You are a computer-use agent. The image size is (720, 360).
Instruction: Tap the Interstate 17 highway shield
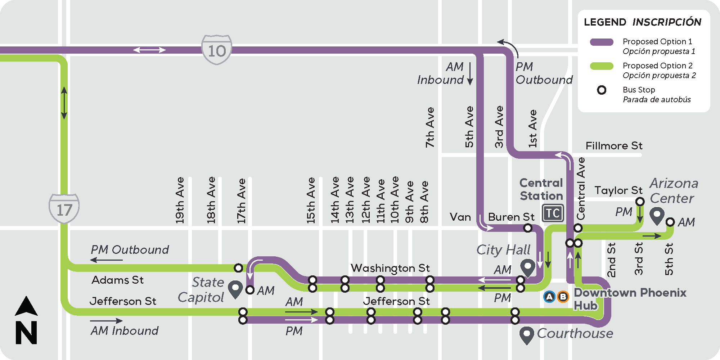(x=64, y=208)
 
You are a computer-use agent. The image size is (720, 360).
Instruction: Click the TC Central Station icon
(x=553, y=213)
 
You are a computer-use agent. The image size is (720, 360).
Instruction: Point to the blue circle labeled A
(x=549, y=297)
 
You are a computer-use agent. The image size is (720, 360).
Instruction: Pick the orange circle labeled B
(x=563, y=297)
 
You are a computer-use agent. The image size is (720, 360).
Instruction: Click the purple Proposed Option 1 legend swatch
(x=602, y=42)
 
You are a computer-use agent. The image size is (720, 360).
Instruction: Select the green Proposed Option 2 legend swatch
(x=602, y=66)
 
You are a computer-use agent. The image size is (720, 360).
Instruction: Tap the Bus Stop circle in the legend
(x=602, y=90)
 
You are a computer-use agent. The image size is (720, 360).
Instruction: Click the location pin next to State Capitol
(x=235, y=289)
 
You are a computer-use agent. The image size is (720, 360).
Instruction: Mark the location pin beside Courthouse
(x=526, y=335)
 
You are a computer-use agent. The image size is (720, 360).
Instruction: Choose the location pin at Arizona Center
(x=657, y=216)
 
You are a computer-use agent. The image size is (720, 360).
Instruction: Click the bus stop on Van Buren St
(x=528, y=228)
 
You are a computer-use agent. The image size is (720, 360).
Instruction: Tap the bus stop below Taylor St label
(x=640, y=202)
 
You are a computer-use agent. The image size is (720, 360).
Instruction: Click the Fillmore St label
(x=614, y=146)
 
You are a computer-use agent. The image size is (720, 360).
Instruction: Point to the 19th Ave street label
(x=180, y=200)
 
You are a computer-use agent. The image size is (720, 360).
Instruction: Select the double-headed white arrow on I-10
(x=149, y=50)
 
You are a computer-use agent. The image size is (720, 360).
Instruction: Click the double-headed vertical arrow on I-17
(x=64, y=103)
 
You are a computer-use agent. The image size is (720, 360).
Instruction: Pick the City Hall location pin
(x=528, y=267)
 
